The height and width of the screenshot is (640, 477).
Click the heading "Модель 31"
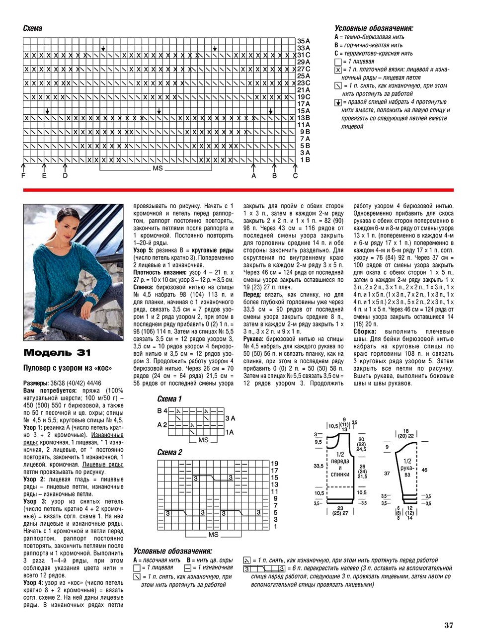click(57, 353)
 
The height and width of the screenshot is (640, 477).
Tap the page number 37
click(449, 625)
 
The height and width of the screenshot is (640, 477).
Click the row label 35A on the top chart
click(304, 41)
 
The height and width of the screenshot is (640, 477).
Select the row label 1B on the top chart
click(305, 160)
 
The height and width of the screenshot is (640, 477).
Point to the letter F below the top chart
click(23, 176)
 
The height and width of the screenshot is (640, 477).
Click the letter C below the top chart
click(295, 176)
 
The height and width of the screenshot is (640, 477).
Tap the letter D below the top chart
click(65, 176)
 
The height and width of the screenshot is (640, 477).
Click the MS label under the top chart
click(158, 169)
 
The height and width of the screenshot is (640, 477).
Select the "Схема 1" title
click(169, 399)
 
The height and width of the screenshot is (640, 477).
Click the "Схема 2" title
click(169, 452)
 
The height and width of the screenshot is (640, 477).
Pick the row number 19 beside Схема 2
click(274, 464)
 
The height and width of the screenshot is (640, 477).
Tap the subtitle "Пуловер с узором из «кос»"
click(68, 368)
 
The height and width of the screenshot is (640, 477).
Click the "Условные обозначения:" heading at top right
click(374, 28)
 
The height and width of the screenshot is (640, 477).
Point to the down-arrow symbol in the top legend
click(338, 102)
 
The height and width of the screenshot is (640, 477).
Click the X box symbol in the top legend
click(338, 70)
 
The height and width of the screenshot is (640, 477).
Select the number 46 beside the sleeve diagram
click(424, 469)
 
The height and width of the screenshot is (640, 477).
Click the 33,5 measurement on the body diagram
click(318, 466)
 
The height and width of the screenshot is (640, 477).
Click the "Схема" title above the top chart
click(33, 28)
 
